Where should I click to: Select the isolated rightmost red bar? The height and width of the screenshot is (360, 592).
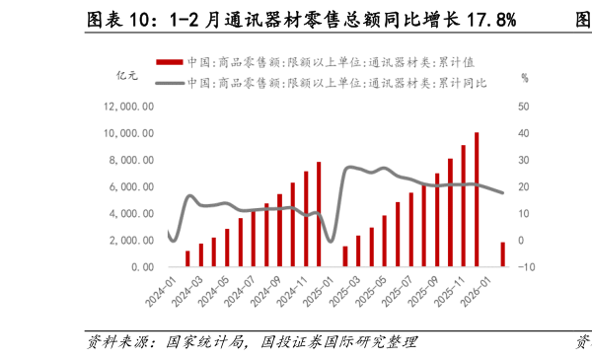502,254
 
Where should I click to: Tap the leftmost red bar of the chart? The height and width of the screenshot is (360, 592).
187,258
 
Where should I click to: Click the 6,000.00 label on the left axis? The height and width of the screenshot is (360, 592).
132,186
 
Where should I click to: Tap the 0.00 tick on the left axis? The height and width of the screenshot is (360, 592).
141,267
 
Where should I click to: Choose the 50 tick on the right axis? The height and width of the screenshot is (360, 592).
523,107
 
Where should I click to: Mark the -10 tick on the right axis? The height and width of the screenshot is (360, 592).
525,267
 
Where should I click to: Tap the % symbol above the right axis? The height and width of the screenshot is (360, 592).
525,77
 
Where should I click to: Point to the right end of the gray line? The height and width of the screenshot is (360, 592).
502,192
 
